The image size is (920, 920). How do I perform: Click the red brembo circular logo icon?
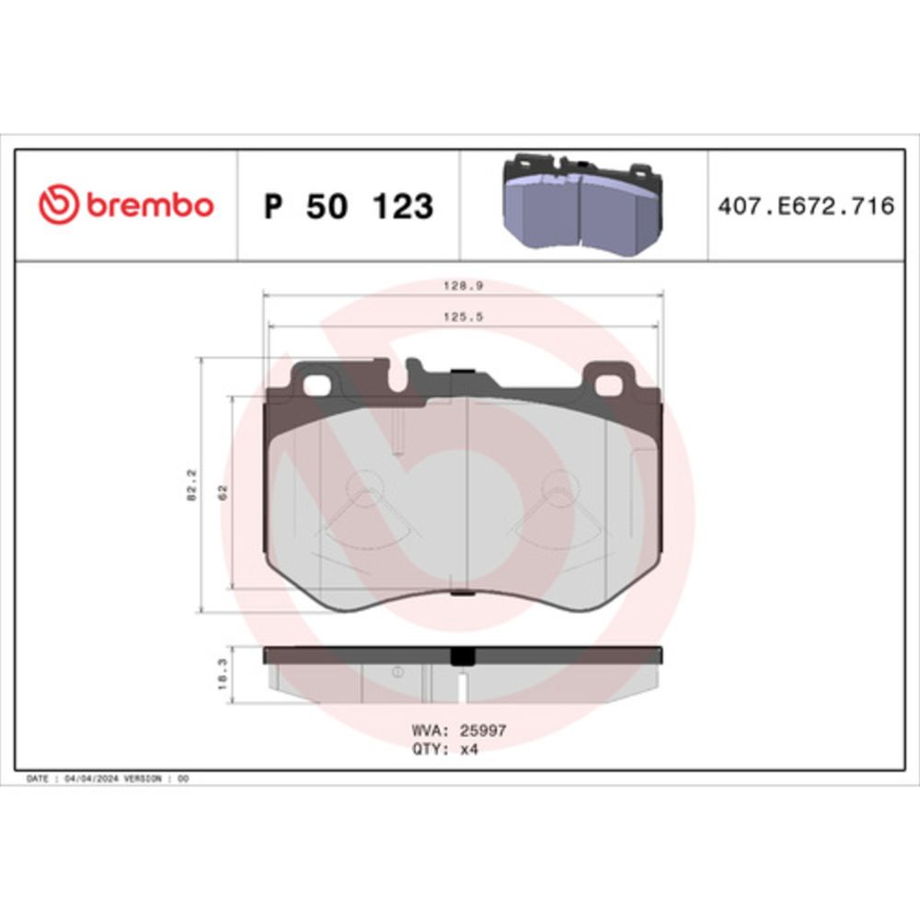click(x=58, y=204)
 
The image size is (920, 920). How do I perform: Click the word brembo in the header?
click(x=150, y=205)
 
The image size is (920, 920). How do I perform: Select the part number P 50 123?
click(x=349, y=206)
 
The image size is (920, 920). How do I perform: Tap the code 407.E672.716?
click(x=806, y=206)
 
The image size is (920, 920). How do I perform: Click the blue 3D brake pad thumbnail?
click(x=582, y=204)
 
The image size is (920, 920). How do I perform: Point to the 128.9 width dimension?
click(x=463, y=286)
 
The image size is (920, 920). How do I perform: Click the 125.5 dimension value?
click(x=463, y=316)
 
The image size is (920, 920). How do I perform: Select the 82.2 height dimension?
click(x=192, y=485)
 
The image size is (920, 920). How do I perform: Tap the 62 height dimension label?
click(x=223, y=492)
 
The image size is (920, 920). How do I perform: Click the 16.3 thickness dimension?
click(x=223, y=673)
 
